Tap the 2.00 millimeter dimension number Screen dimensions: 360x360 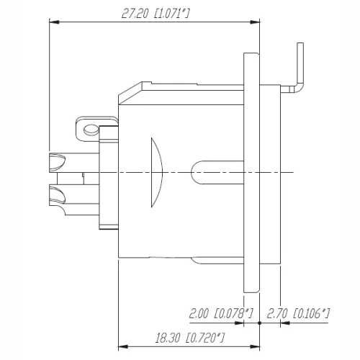click(199, 313)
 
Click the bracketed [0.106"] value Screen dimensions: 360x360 click(312, 313)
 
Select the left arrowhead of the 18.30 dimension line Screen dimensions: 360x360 click(121, 324)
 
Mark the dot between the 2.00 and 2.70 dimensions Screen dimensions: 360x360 click(259, 324)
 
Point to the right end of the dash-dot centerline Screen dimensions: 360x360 click(294, 173)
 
